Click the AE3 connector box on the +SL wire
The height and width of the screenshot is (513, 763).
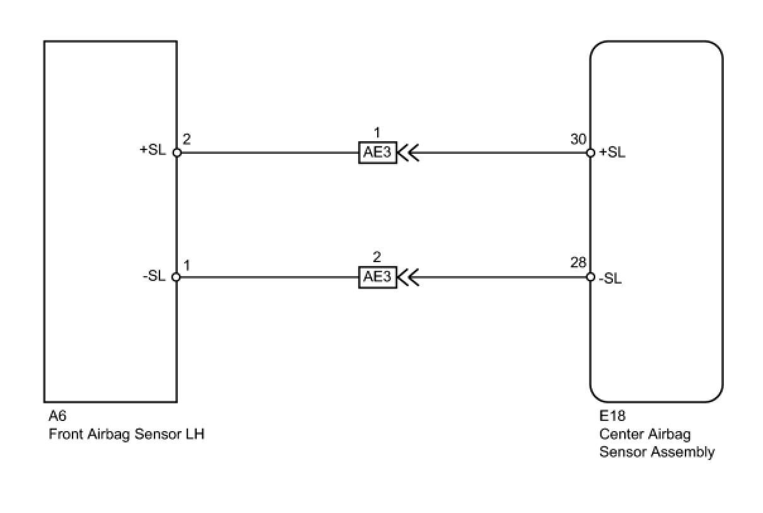tap(377, 153)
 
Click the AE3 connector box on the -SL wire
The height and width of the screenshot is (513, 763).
tap(377, 277)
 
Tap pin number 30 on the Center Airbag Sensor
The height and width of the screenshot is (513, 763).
tap(578, 139)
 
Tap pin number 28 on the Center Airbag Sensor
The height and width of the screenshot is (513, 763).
tap(578, 263)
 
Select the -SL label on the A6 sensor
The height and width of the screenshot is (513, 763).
tap(154, 277)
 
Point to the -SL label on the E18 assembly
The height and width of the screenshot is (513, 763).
tap(610, 278)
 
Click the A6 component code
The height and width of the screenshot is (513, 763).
tap(57, 417)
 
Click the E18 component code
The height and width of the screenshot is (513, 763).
tap(612, 417)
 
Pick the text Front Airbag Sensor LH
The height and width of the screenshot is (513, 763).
tap(127, 434)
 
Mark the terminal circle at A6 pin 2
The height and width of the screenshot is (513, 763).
tap(177, 153)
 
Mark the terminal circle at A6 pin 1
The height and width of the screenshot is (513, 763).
tap(177, 277)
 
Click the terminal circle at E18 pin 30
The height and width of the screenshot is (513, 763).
tap(590, 153)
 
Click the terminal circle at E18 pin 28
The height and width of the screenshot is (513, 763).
tap(590, 277)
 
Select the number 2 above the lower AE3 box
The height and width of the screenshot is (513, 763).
tap(377, 258)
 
